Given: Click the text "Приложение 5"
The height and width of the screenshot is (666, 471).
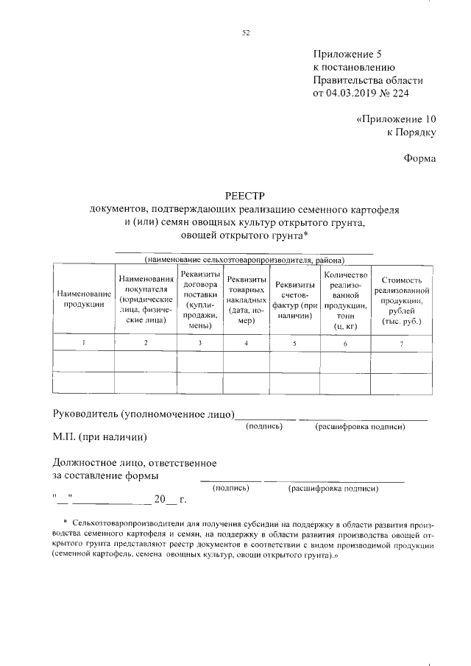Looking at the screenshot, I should [x=347, y=54].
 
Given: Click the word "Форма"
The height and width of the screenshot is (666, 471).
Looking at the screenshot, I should [x=419, y=157].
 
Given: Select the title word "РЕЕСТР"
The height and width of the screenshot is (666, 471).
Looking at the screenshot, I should [x=245, y=196].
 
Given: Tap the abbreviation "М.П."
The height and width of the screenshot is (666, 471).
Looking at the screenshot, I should [x=65, y=438].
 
